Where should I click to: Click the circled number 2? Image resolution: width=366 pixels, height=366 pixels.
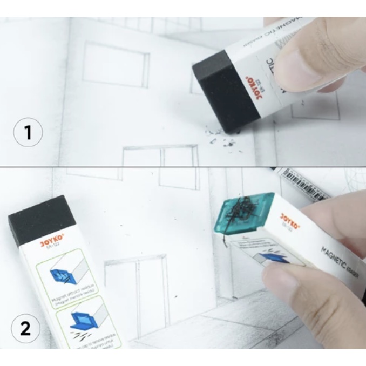pyautogui.click(x=26, y=329)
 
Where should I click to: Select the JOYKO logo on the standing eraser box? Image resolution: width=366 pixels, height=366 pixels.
pyautogui.click(x=52, y=243)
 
